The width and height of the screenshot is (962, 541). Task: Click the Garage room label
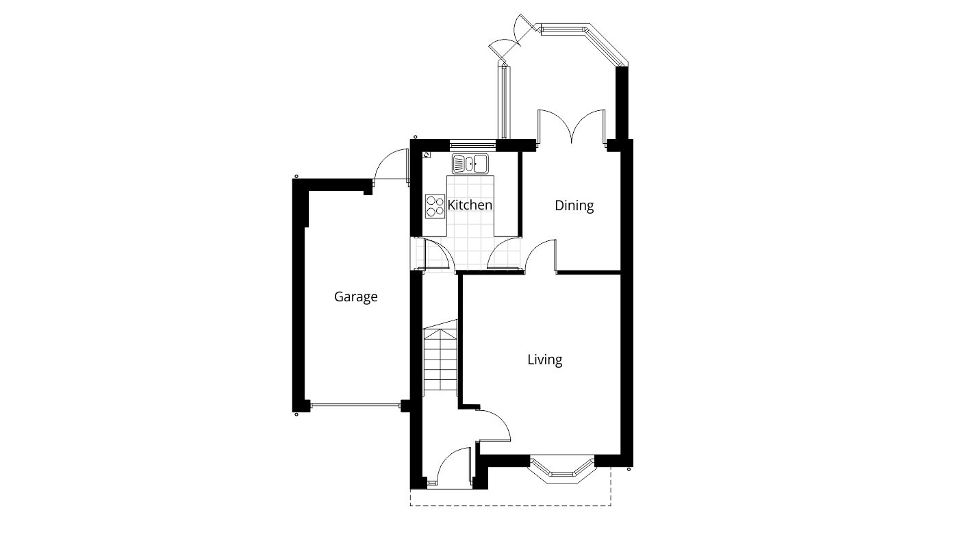pyautogui.click(x=355, y=297)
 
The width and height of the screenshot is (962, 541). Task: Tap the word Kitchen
pyautogui.click(x=470, y=205)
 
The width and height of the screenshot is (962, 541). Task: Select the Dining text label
pyautogui.click(x=574, y=205)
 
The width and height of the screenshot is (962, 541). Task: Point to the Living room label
pyautogui.click(x=544, y=360)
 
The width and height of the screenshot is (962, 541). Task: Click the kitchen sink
pyautogui.click(x=469, y=164)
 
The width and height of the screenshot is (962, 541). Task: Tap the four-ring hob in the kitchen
pyautogui.click(x=434, y=205)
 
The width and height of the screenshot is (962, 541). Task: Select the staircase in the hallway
pyautogui.click(x=439, y=360)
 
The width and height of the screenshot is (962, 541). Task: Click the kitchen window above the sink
pyautogui.click(x=472, y=144)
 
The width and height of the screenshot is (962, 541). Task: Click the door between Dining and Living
pyautogui.click(x=541, y=257)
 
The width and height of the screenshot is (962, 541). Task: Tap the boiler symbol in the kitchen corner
pyautogui.click(x=426, y=155)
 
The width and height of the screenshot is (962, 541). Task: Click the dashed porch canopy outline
pyautogui.click(x=510, y=505)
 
